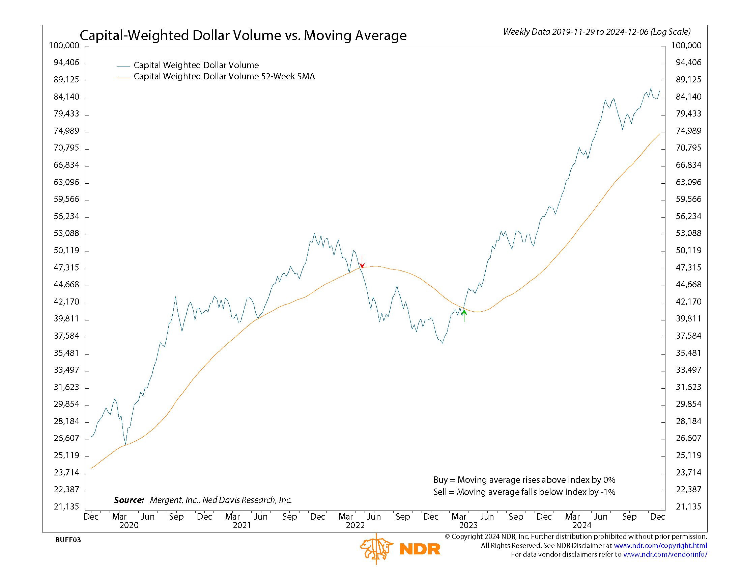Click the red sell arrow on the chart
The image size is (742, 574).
point(362,262)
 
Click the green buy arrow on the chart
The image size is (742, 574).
point(464,315)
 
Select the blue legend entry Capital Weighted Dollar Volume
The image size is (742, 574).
point(196,65)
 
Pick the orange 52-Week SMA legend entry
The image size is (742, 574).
point(224,77)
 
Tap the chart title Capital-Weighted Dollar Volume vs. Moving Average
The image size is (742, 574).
point(243,35)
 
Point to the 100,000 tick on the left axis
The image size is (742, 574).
point(64,46)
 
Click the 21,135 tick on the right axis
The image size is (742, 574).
point(688,507)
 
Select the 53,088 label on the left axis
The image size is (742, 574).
point(66,233)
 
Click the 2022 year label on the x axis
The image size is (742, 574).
point(355,525)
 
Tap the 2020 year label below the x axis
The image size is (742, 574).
point(129,525)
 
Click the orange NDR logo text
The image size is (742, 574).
point(420,549)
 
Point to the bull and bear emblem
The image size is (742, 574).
point(376,548)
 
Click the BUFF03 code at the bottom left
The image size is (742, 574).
point(68,540)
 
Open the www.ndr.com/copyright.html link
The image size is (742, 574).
point(660,545)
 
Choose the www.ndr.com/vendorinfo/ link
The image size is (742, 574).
point(665,554)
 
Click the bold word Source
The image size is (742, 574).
point(129,500)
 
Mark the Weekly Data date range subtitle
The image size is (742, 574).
point(597,32)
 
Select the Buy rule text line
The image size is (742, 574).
point(524,480)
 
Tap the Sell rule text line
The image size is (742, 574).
point(524,492)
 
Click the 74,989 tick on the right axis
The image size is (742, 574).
point(688,131)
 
